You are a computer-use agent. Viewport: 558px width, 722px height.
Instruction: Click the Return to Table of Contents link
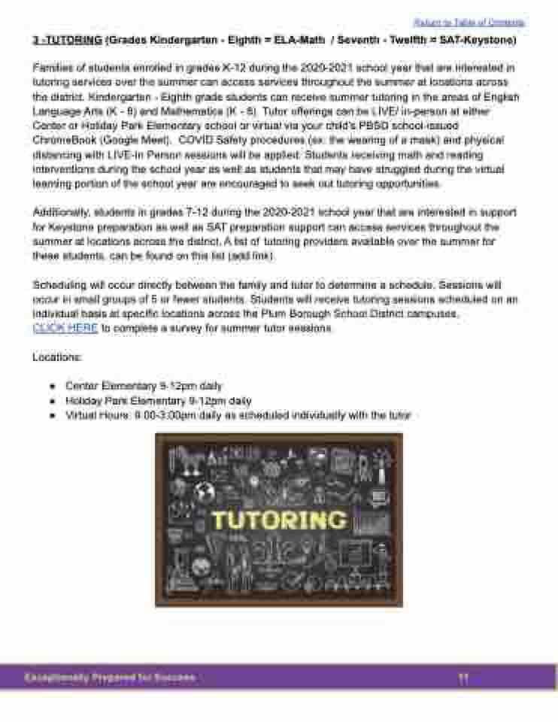pos(469,23)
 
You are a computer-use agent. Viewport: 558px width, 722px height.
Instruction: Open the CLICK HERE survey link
pos(65,328)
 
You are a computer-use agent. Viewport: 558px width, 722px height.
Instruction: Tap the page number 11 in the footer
pos(463,678)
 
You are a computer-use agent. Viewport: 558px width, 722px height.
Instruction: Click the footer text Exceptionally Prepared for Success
pos(110,678)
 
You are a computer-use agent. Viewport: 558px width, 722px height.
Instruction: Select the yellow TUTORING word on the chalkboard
pos(279,520)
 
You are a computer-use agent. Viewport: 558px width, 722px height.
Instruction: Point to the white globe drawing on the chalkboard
pos(202,491)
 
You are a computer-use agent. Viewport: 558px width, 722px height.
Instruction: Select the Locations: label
pos(57,357)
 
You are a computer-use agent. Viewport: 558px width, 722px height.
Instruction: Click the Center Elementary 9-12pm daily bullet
pos(144,387)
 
